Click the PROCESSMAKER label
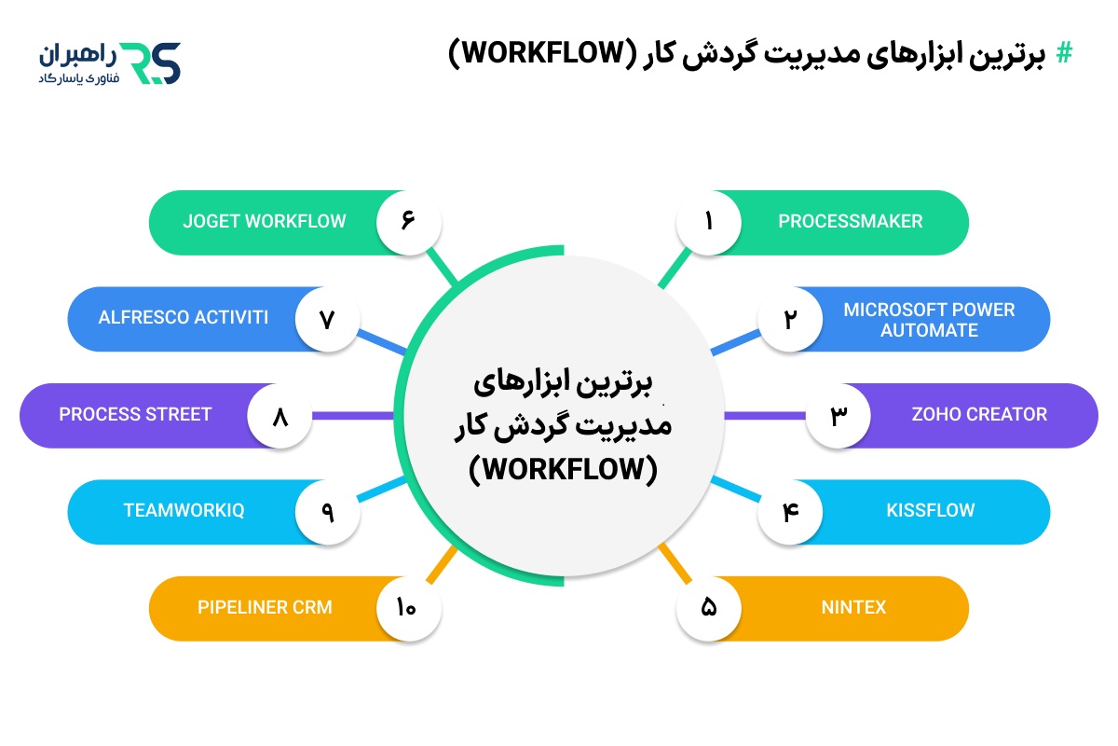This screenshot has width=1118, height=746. (x=850, y=222)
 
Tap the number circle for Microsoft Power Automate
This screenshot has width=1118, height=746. (x=790, y=319)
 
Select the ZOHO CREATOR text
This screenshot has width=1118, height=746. (x=979, y=415)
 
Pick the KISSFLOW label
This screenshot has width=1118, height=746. (x=930, y=511)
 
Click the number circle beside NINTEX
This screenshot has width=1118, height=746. (x=709, y=608)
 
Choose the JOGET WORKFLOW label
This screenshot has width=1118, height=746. (x=265, y=222)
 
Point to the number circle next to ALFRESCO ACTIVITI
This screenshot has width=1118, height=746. (x=327, y=319)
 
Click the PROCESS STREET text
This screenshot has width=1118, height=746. (x=136, y=415)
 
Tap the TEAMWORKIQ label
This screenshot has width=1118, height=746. (x=184, y=511)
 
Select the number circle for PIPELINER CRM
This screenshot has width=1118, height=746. (x=408, y=608)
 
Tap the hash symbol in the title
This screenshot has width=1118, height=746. (x=1063, y=54)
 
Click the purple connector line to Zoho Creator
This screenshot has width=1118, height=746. (x=764, y=415)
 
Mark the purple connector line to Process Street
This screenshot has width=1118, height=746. (x=354, y=415)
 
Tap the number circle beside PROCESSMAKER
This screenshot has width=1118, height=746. (x=709, y=222)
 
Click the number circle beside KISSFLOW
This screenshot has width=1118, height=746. (x=790, y=511)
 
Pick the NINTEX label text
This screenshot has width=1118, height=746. (x=853, y=608)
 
